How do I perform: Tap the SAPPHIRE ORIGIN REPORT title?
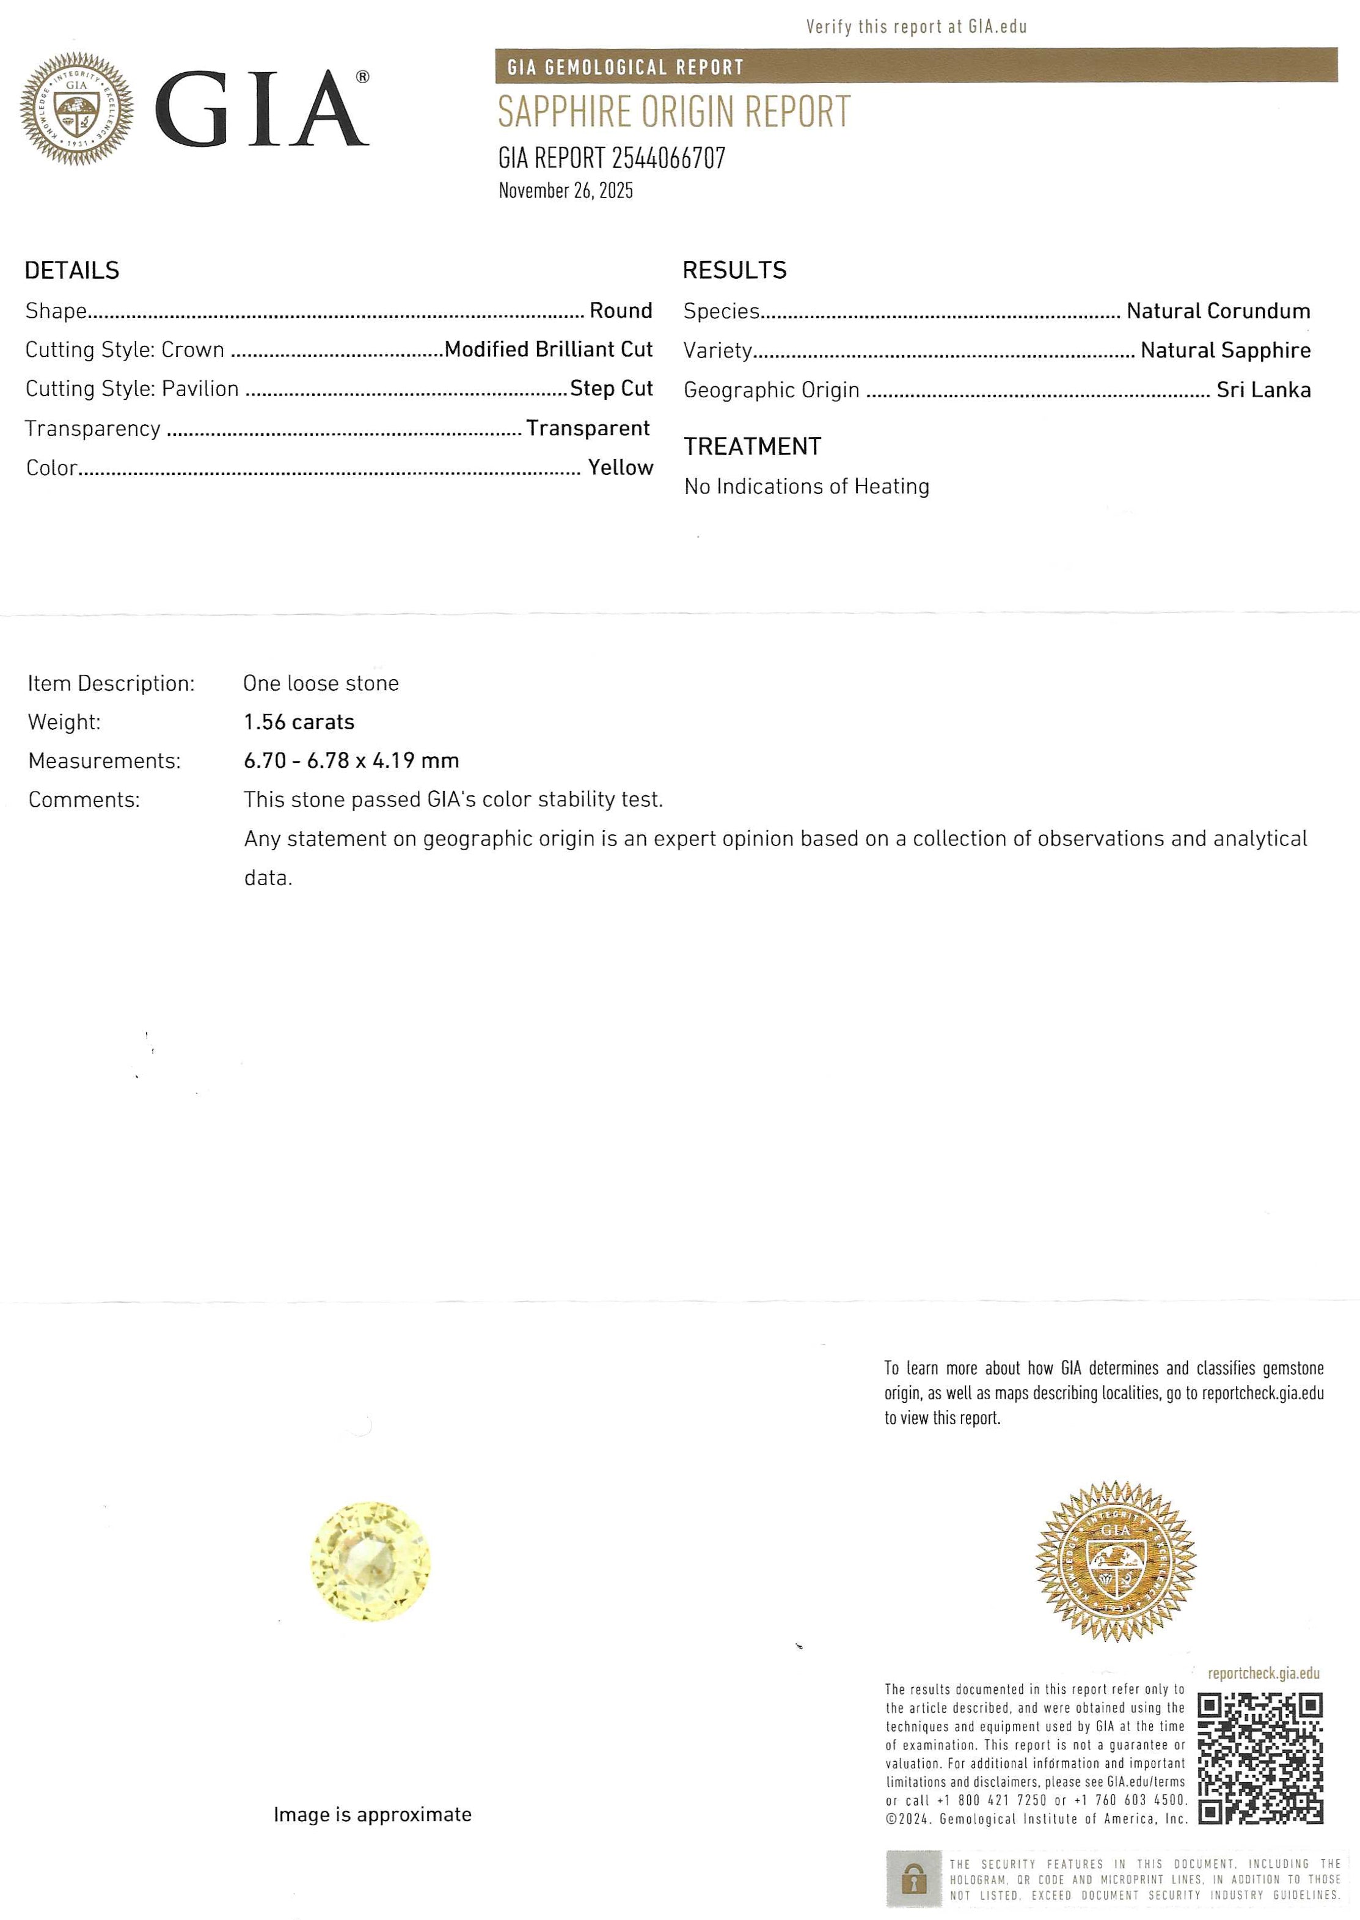tap(674, 112)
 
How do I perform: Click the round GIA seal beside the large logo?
tap(77, 108)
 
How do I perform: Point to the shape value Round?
tap(621, 311)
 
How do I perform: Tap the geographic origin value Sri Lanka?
tap(1263, 389)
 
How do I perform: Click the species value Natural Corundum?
tap(1218, 312)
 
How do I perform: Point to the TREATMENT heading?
tap(752, 446)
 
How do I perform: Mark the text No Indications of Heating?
tap(806, 487)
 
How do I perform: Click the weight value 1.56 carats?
tap(299, 722)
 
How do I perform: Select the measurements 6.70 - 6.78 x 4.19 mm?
tap(351, 760)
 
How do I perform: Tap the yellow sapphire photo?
tap(370, 1561)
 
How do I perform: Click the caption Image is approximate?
tap(372, 1814)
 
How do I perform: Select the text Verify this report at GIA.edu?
tap(916, 27)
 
